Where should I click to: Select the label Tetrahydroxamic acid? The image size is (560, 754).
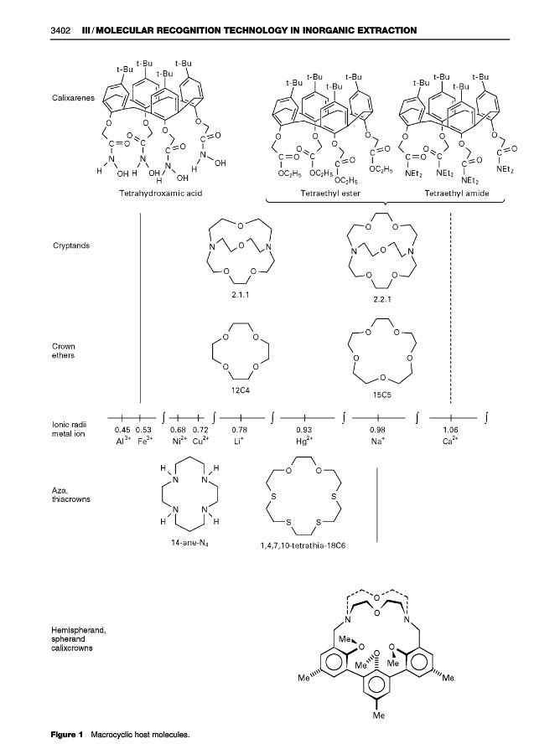point(163,194)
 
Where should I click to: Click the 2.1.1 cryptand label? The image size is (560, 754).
point(241,295)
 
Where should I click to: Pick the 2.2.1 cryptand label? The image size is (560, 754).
point(381,299)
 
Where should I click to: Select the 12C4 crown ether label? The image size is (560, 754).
point(241,390)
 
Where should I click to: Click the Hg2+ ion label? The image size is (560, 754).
point(304,440)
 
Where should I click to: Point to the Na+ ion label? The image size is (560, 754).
point(377,440)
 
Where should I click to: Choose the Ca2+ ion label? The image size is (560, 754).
point(451,440)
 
